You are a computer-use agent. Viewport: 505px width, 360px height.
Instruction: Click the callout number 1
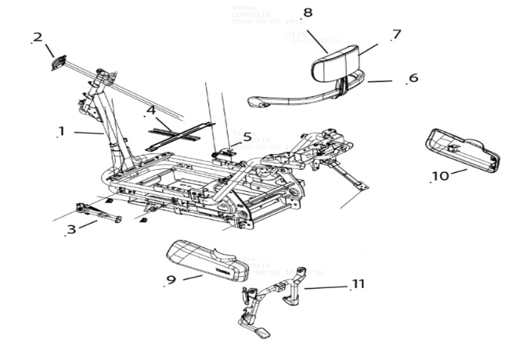[61, 130]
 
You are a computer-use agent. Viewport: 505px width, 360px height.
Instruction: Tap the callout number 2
[37, 37]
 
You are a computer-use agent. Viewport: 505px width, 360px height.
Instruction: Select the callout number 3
[71, 229]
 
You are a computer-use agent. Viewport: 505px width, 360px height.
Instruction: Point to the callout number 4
[151, 110]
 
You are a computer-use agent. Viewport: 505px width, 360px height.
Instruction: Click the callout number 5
[247, 137]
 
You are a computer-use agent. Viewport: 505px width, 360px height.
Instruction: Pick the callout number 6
[413, 78]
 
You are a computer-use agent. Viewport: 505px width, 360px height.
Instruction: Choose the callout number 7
[396, 34]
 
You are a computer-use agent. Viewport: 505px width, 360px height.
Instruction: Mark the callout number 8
[307, 13]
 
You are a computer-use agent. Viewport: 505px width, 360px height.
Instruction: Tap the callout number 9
[170, 279]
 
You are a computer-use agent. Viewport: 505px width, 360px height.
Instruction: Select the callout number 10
[440, 175]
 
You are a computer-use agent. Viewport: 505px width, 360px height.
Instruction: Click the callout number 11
[359, 283]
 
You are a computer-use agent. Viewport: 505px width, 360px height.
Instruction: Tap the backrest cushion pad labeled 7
[338, 66]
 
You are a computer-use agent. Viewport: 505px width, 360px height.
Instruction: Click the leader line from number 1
[88, 133]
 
